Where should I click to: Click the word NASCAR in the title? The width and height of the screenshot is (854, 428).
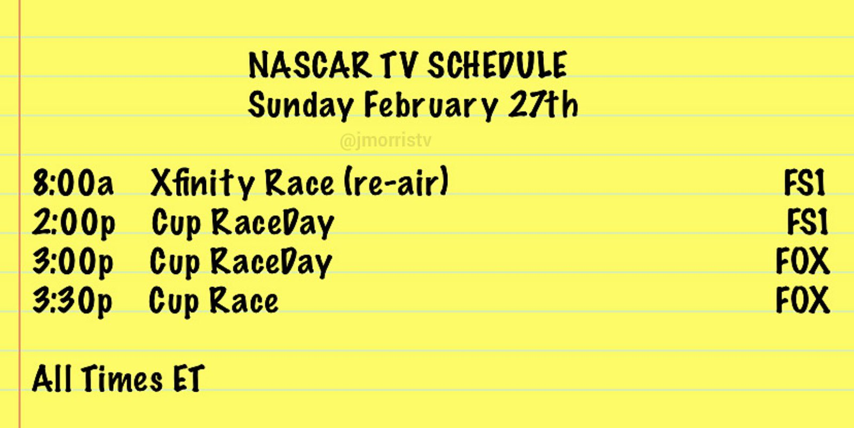[310, 65]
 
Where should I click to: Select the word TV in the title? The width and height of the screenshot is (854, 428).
[399, 65]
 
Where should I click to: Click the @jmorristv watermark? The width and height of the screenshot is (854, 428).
[385, 141]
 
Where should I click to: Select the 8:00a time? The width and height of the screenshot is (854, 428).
[73, 183]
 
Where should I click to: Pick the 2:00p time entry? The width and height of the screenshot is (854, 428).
[74, 223]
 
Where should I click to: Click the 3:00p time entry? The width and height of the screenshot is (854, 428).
[73, 263]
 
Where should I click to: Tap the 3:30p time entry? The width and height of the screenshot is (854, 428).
[73, 302]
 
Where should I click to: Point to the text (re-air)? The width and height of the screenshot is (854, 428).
[397, 182]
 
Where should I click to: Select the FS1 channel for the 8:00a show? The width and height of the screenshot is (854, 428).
[804, 183]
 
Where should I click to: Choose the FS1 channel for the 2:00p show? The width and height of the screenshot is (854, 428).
[808, 222]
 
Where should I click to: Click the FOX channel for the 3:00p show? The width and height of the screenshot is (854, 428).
[803, 261]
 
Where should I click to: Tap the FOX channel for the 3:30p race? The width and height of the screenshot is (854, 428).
[803, 300]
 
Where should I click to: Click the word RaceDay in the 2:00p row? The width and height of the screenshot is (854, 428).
[273, 223]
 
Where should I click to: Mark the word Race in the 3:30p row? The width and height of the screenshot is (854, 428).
[244, 300]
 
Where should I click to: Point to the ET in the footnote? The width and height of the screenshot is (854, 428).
[189, 378]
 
